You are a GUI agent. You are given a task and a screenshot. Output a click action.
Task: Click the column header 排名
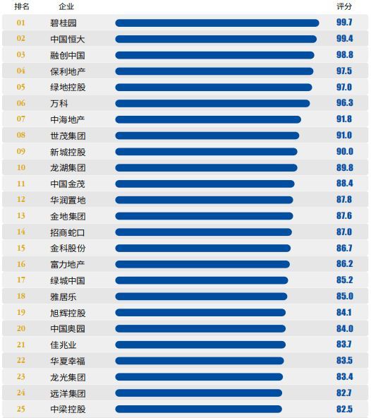(22, 6)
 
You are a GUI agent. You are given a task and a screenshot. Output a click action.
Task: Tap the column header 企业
(66, 6)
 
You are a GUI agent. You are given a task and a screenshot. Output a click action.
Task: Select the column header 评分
(344, 6)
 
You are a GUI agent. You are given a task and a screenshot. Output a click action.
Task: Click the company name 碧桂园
(63, 23)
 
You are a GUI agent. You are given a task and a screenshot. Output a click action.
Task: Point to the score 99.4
(345, 38)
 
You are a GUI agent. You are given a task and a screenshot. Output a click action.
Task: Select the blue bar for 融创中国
(214, 56)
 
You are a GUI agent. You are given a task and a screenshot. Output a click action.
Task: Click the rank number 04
(20, 71)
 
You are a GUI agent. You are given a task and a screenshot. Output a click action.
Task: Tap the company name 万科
(59, 103)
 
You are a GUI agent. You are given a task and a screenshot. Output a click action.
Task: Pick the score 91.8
(344, 119)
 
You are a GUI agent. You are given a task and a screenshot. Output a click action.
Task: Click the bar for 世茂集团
(207, 136)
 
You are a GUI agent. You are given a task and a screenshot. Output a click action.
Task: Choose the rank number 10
(20, 167)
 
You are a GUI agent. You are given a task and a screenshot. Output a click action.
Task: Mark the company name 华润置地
(68, 200)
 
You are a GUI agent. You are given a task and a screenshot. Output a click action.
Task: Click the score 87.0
(344, 232)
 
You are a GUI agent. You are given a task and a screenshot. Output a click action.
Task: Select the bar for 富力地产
(202, 265)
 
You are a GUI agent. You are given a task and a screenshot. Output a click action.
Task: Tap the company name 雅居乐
(63, 297)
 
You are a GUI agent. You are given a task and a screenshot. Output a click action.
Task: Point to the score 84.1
(343, 312)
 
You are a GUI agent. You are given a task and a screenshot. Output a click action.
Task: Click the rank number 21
(20, 345)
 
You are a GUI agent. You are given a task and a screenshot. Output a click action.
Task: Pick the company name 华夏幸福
(68, 361)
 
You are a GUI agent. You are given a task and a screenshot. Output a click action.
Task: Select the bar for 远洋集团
(199, 393)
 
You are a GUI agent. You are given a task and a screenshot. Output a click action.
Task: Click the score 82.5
(344, 409)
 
